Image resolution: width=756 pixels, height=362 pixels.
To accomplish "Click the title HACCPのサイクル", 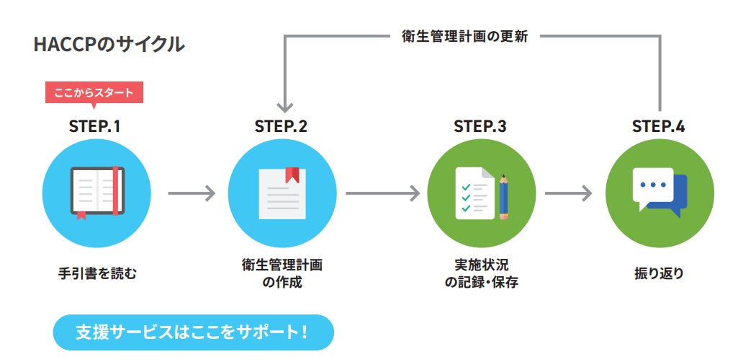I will pyautogui.click(x=109, y=45).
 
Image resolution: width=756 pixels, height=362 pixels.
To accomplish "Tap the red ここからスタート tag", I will pyautogui.click(x=94, y=92).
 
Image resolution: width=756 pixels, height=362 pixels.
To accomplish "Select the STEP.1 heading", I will pyautogui.click(x=94, y=126).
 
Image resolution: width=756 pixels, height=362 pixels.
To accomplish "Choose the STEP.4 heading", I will pyautogui.click(x=659, y=126).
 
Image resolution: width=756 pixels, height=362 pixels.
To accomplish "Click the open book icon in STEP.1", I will pyautogui.click(x=97, y=192).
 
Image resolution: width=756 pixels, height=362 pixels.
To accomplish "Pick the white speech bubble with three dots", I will pyautogui.click(x=652, y=186).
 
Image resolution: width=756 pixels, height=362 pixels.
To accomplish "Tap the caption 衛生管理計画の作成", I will pyautogui.click(x=282, y=273).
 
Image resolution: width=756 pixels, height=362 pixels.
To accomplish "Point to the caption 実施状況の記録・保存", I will pyautogui.click(x=481, y=273).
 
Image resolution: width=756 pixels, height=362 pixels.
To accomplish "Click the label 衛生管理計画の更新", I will pyautogui.click(x=465, y=37).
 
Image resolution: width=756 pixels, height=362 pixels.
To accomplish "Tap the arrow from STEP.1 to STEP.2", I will pyautogui.click(x=191, y=193).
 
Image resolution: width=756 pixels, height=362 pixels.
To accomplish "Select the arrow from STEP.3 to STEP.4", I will pyautogui.click(x=568, y=193).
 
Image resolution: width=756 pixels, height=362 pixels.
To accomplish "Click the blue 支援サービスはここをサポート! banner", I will pyautogui.click(x=194, y=332).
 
